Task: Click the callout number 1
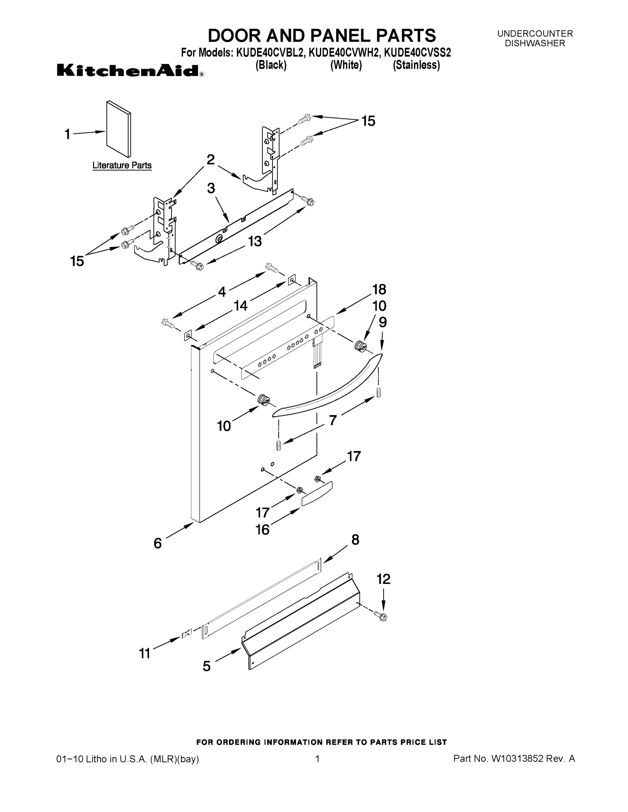pyautogui.click(x=67, y=134)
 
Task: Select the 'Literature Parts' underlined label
pyautogui.click(x=122, y=165)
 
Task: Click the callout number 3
pyautogui.click(x=211, y=188)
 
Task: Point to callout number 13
pyautogui.click(x=255, y=241)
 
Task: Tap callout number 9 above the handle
pyautogui.click(x=383, y=322)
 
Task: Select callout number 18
pyautogui.click(x=379, y=289)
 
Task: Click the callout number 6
pyautogui.click(x=158, y=543)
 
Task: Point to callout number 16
pyautogui.click(x=262, y=529)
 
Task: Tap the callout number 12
pyautogui.click(x=383, y=579)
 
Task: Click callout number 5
pyautogui.click(x=207, y=666)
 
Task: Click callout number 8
pyautogui.click(x=355, y=540)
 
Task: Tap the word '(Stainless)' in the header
pyautogui.click(x=416, y=65)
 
